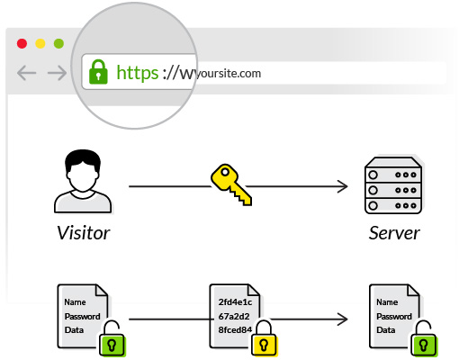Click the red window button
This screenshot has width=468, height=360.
(21, 43)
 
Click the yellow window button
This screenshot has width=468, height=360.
(40, 43)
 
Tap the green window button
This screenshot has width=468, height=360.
(58, 43)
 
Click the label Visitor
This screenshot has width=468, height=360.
(83, 234)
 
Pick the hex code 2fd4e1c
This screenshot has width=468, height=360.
(238, 302)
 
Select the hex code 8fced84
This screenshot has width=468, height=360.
(238, 329)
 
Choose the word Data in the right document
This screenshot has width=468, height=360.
(386, 330)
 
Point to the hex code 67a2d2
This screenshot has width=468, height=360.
(235, 316)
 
